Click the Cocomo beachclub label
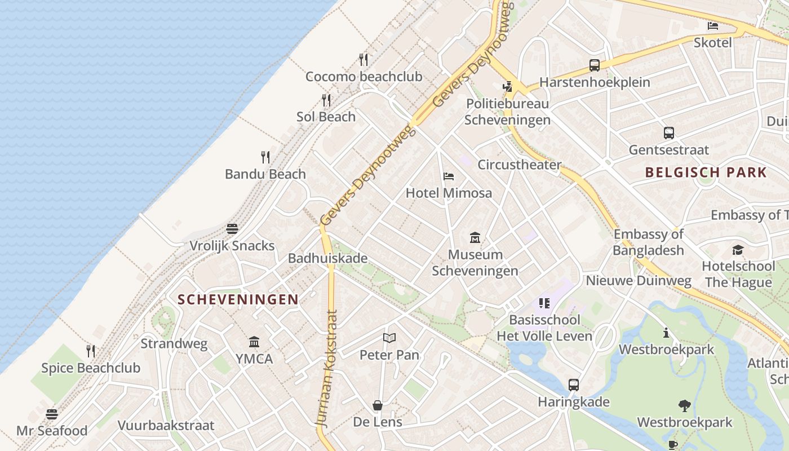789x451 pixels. tap(364, 77)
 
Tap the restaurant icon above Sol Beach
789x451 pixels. tap(326, 100)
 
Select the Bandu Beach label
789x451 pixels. tap(265, 174)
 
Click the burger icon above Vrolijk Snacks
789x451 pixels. tap(232, 229)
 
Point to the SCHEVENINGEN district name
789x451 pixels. tap(238, 299)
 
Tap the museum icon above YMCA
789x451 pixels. tap(254, 342)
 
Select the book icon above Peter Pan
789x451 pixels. tap(389, 338)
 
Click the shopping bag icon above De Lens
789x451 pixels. tap(378, 405)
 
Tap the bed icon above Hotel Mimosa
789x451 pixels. tap(449, 176)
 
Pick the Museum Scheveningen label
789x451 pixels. tap(475, 263)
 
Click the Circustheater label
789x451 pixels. tap(519, 165)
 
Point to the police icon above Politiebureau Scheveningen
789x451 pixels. tap(508, 87)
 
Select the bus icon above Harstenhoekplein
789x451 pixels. tap(595, 65)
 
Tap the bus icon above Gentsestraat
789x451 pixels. tap(669, 133)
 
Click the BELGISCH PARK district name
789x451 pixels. tap(706, 173)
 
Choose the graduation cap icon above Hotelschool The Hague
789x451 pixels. tap(738, 250)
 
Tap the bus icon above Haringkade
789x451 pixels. tap(574, 385)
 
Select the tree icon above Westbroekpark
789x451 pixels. tap(685, 405)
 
